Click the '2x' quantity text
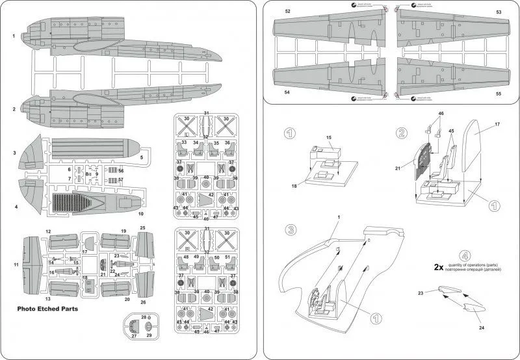click(x=439, y=266)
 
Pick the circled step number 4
click(x=463, y=255)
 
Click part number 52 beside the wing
click(x=288, y=12)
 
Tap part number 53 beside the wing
click(x=499, y=12)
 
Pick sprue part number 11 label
click(x=16, y=264)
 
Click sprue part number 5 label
click(x=141, y=157)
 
